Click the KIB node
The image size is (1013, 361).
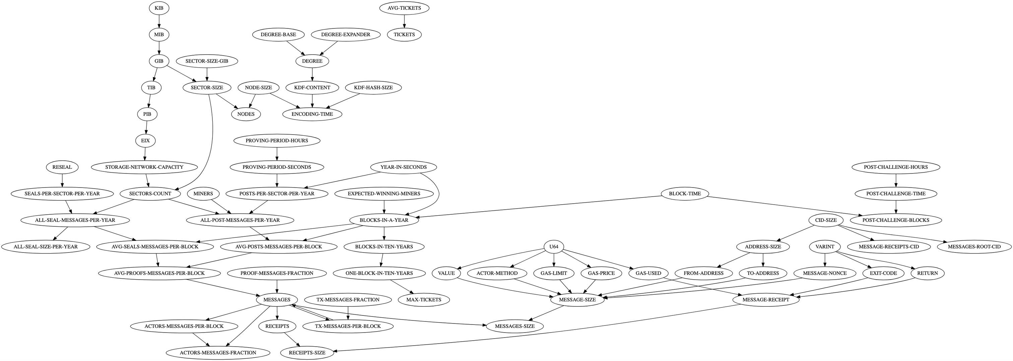click(159, 8)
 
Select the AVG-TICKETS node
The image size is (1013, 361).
click(404, 8)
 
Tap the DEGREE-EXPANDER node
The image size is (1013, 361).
click(345, 34)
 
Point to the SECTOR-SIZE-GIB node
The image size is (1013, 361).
click(207, 61)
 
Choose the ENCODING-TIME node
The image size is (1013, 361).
click(312, 114)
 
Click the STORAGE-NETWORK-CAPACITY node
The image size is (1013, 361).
click(144, 167)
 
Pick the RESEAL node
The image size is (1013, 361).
click(62, 167)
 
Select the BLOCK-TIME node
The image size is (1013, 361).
click(685, 194)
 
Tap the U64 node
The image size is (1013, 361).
click(554, 246)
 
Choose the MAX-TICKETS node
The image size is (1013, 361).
click(423, 300)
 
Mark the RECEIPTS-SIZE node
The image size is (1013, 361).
click(307, 353)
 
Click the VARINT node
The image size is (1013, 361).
click(825, 246)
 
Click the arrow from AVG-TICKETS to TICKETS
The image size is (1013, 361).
click(404, 21)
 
